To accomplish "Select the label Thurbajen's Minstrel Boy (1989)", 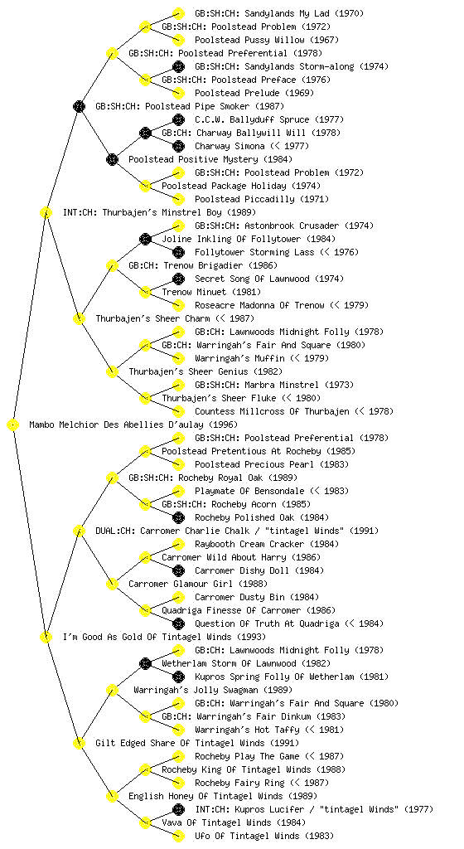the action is [160, 213].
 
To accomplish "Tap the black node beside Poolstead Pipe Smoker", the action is [79, 106].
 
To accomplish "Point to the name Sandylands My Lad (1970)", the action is [279, 13].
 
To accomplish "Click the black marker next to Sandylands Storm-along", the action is [178, 66].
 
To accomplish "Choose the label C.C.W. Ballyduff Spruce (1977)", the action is [269, 119].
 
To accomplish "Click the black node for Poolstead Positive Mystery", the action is [112, 159].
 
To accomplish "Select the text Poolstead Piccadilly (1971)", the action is [262, 199].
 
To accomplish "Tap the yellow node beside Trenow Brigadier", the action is [112, 265].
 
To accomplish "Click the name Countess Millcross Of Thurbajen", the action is [272, 411].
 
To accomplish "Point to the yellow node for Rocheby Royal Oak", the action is [112, 478].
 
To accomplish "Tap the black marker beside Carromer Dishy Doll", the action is [178, 570].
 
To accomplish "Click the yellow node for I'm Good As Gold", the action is [46, 637].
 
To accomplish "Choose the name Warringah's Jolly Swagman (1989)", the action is [213, 691].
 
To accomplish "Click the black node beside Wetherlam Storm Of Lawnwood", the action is [145, 663].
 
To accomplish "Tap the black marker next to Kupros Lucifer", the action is [178, 809].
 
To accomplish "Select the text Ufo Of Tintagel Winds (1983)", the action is [264, 836].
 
